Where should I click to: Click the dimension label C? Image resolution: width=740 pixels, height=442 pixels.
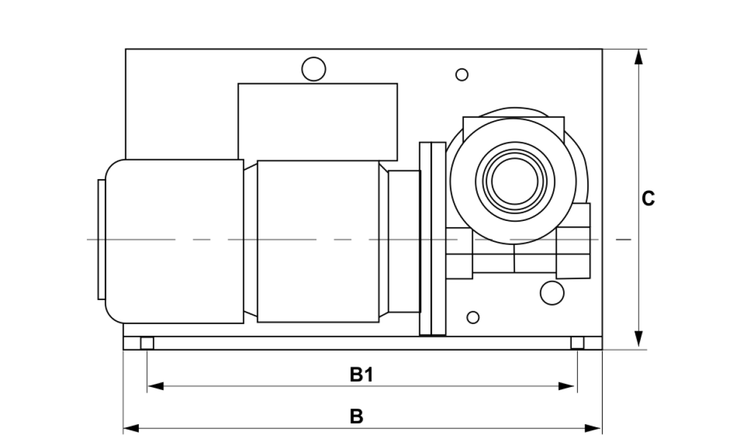(648, 198)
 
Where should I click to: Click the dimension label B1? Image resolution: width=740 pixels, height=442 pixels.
(362, 375)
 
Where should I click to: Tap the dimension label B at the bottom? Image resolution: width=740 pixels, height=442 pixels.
(356, 416)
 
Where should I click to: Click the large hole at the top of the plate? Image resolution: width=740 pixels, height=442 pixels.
(313, 69)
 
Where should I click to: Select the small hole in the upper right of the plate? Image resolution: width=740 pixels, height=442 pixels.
(462, 75)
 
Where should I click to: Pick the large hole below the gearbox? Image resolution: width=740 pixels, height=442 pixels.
(552, 293)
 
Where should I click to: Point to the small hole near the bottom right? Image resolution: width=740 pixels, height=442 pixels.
(473, 317)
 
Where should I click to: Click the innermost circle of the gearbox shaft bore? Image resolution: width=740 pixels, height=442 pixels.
(515, 181)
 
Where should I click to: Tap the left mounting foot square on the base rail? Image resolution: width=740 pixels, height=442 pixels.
(147, 343)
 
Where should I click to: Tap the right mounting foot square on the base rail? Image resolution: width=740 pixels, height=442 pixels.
(577, 343)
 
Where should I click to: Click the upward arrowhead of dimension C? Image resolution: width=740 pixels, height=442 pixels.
(639, 57)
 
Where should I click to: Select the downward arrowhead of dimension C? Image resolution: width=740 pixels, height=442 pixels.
(639, 339)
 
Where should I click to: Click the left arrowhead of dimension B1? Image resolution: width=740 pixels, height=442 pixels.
(156, 386)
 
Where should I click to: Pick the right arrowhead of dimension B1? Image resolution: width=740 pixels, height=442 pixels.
(566, 386)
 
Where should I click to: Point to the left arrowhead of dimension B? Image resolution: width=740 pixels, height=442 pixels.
(131, 428)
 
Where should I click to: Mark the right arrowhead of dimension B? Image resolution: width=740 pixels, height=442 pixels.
(593, 428)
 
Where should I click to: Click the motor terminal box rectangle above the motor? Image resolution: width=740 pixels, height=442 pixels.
(318, 122)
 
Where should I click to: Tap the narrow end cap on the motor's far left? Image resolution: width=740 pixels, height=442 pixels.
(101, 240)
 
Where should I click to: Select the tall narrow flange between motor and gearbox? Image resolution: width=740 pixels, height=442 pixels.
(432, 239)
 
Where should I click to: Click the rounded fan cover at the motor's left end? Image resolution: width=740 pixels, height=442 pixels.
(175, 241)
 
